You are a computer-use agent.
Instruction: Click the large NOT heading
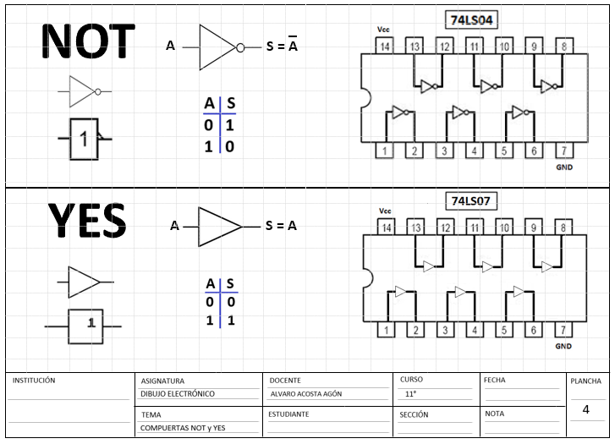[x=88, y=41]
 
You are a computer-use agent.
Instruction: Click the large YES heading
[x=86, y=222]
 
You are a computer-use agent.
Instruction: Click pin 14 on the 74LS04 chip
[x=385, y=47]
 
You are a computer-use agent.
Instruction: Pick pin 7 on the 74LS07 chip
[x=563, y=330]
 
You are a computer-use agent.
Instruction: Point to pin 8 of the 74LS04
[x=563, y=47]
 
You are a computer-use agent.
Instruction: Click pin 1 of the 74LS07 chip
[x=386, y=330]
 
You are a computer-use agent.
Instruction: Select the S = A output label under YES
[x=281, y=226]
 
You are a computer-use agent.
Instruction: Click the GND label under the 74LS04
[x=564, y=167]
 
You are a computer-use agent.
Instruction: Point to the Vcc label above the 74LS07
[x=385, y=211]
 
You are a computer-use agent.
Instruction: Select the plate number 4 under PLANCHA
[x=585, y=409]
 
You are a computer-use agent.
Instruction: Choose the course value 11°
[x=411, y=394]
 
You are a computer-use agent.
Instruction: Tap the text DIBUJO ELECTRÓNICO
[x=178, y=394]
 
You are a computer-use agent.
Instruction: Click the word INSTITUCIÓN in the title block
[x=34, y=381]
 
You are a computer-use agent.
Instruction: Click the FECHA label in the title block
[x=495, y=381]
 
